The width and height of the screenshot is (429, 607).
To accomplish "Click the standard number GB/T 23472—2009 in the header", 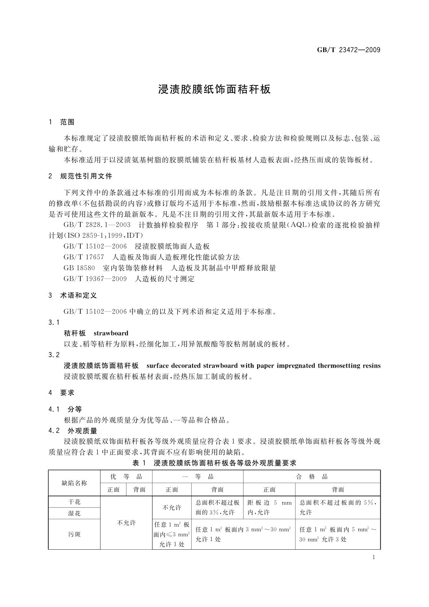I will (348, 50).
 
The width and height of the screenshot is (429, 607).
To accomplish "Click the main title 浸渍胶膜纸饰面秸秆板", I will (214, 89).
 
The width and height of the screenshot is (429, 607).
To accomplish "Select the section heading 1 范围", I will (62, 122).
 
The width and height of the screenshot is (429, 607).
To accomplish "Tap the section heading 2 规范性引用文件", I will (80, 176).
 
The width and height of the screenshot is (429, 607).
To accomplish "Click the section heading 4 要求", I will (62, 393).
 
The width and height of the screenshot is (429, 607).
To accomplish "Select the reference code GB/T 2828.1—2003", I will (97, 225).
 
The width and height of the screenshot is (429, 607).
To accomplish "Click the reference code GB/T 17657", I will (84, 257).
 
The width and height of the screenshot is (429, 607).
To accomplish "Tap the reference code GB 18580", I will (79, 268).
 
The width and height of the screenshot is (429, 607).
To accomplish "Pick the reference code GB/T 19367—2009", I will (95, 279).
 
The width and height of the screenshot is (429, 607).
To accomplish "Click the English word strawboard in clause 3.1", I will (111, 333).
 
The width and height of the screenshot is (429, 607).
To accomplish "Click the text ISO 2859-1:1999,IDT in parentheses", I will (105, 235).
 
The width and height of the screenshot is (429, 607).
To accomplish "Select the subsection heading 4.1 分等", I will (65, 409).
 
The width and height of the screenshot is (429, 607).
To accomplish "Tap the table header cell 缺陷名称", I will (75, 483).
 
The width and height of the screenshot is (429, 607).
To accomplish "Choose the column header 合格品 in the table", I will (312, 477).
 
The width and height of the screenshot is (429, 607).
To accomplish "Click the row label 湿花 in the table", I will (75, 513).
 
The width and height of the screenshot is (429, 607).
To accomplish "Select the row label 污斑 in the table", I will (75, 534).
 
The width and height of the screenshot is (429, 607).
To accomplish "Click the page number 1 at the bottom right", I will (374, 557).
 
